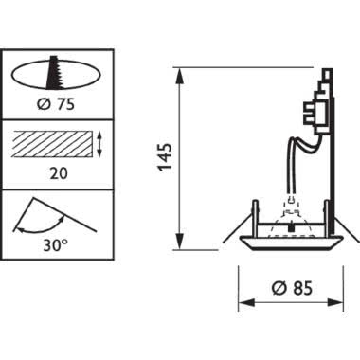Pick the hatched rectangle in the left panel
51,144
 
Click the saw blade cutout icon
54,74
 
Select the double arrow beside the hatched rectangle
100,144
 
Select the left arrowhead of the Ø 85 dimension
242,303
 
